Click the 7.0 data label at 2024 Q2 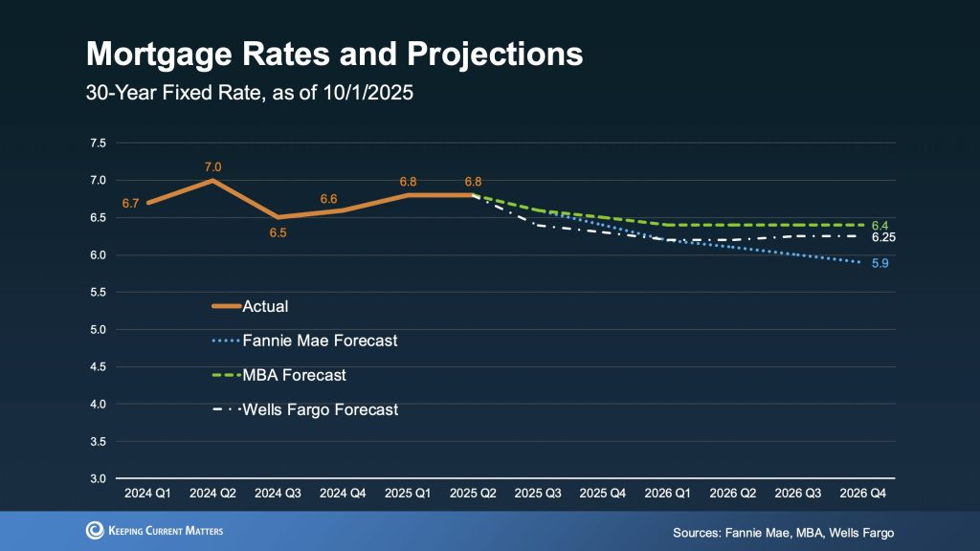[x=212, y=167]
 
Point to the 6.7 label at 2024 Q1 [x=130, y=203]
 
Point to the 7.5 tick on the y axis [x=98, y=143]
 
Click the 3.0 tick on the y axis [x=98, y=478]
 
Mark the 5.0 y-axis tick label [x=98, y=330]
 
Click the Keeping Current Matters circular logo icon [x=95, y=531]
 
